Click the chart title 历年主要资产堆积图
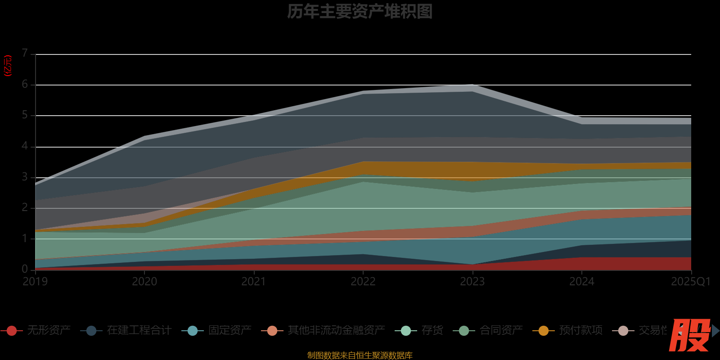(x=360, y=12)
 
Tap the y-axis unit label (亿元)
(x=8, y=66)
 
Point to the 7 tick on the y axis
(x=25, y=54)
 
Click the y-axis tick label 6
(x=25, y=84)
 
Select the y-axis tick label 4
(x=25, y=146)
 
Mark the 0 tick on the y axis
(x=25, y=269)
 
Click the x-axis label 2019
(x=35, y=282)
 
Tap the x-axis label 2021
(x=254, y=282)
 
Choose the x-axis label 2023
(x=472, y=282)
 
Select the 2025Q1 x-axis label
(x=690, y=282)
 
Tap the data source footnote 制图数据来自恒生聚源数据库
(x=360, y=355)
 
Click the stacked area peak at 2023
(x=472, y=85)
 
